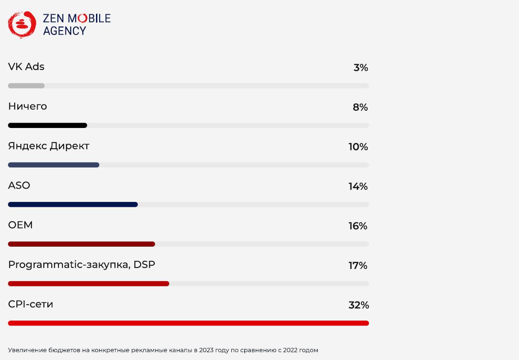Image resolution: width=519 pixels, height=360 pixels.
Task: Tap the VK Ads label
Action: [x=26, y=67]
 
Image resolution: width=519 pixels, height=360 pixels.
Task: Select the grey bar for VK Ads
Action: [x=26, y=85]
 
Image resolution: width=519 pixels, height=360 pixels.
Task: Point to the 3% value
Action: [x=361, y=68]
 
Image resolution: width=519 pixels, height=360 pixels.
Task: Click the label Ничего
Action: [x=27, y=107]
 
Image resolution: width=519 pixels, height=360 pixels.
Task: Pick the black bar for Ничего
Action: [x=47, y=125]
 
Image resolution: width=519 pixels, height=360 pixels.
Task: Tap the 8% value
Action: [x=360, y=107]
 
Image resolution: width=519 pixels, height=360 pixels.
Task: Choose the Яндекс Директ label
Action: [x=49, y=146]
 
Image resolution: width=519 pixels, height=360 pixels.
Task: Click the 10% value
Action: [x=358, y=147]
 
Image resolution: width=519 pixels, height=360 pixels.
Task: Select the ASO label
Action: [x=19, y=186]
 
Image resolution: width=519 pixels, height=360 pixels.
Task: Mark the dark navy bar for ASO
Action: [x=73, y=205]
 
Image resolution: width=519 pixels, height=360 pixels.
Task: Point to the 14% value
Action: [x=358, y=186]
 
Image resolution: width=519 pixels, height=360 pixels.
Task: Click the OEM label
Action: [x=20, y=225]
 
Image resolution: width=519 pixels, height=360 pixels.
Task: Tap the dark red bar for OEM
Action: [x=81, y=244]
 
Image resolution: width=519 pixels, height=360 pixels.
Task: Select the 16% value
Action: [x=358, y=226]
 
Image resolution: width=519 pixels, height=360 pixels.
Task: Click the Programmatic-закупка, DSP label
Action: [x=81, y=265]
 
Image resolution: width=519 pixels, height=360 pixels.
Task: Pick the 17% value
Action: [x=358, y=266]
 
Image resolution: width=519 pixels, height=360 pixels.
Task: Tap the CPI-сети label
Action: [x=31, y=304]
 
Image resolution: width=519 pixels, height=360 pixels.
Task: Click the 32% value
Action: [x=358, y=305]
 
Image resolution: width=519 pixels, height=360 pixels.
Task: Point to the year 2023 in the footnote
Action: [x=206, y=350]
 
